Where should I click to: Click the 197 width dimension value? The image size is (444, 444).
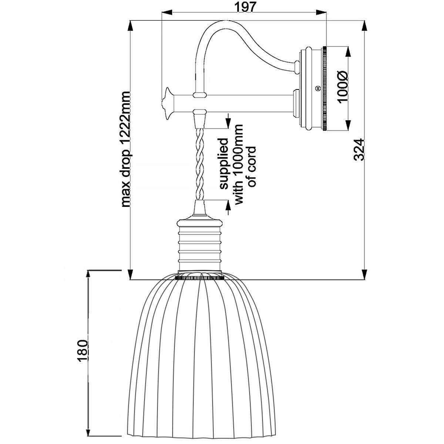(x=245, y=7)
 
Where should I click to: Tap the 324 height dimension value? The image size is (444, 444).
(x=359, y=149)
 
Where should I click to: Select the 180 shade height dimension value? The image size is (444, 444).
(x=83, y=350)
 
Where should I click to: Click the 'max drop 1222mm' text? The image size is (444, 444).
(x=125, y=149)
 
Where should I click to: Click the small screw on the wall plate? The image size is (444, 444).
(x=316, y=88)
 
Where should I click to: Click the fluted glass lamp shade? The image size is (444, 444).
(x=200, y=344)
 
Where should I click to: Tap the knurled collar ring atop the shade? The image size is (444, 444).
(x=200, y=276)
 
